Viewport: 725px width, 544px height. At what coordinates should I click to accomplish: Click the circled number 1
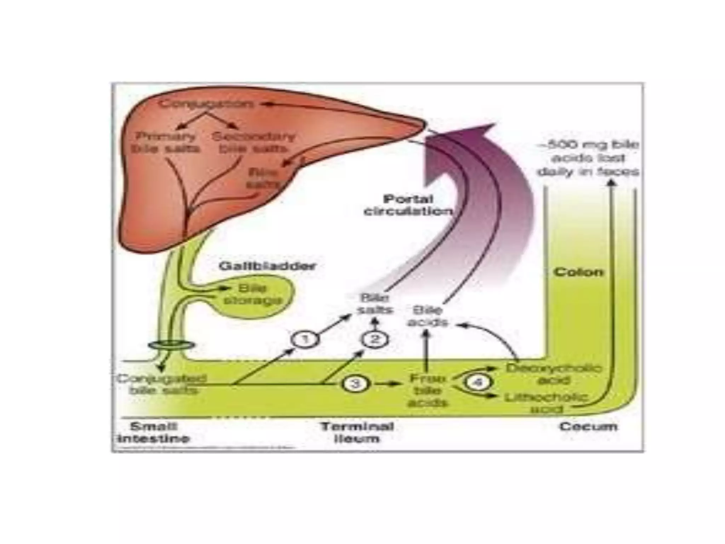click(x=305, y=340)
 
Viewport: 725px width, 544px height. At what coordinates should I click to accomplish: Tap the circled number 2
click(x=375, y=340)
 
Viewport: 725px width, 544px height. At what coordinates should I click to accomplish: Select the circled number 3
click(x=355, y=384)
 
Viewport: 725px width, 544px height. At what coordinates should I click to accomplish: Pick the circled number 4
click(x=478, y=383)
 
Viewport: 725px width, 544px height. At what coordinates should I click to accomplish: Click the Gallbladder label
click(x=267, y=266)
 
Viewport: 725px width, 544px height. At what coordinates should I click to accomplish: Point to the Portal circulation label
click(x=408, y=205)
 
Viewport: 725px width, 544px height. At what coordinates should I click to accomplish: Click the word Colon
click(x=578, y=272)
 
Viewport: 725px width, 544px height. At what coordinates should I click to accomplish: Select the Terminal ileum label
click(x=357, y=432)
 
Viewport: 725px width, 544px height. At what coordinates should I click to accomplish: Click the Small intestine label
click(x=154, y=432)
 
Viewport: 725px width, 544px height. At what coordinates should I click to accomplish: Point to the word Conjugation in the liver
click(x=206, y=104)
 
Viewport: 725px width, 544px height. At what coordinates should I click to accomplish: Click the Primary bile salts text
click(x=166, y=142)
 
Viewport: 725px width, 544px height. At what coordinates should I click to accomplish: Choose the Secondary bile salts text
click(x=253, y=142)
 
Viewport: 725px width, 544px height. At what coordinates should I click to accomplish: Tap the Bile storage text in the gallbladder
click(x=253, y=295)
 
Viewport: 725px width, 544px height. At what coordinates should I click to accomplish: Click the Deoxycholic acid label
click(x=554, y=374)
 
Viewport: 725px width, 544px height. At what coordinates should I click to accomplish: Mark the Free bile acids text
click(x=427, y=390)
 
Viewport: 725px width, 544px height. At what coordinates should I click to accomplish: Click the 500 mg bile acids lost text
click(x=588, y=158)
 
